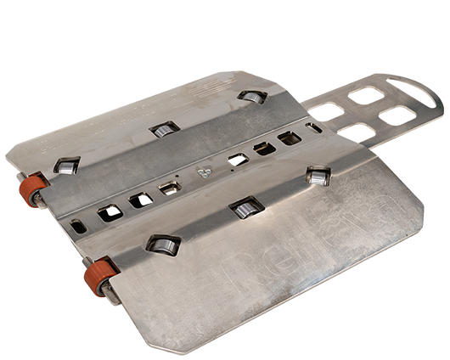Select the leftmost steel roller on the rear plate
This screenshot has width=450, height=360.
point(66,163)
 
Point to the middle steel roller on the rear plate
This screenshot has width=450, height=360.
point(164,130)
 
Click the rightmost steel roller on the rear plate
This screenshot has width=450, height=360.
point(250,97)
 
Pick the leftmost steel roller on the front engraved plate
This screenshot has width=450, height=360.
point(160,244)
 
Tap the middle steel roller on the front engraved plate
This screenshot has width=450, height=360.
point(245,206)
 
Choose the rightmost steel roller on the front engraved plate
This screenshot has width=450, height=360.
point(318,176)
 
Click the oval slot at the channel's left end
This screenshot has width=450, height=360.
point(77,226)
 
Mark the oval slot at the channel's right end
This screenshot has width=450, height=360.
point(313,128)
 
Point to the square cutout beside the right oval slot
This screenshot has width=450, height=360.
point(290,137)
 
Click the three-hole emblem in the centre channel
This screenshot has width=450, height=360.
point(204,172)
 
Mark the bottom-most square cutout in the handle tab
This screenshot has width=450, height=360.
point(357,131)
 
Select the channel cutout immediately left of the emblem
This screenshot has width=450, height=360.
point(171,186)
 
